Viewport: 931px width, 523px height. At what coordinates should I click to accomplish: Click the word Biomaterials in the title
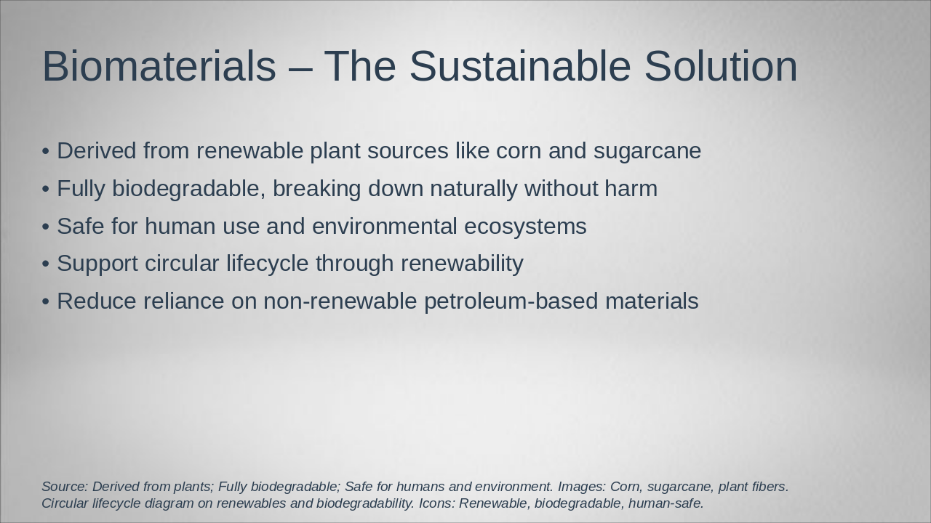(x=159, y=67)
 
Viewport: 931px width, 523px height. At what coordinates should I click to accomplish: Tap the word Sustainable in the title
(x=519, y=67)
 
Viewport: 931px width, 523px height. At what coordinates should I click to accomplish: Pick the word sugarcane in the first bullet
(x=647, y=151)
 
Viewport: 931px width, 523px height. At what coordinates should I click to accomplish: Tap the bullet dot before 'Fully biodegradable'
(x=46, y=190)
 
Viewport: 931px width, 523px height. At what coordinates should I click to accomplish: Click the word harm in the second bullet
(x=630, y=189)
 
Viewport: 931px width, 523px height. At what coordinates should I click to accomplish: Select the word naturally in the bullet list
(x=474, y=189)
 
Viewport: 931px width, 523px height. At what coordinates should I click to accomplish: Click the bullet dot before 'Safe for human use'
(x=46, y=227)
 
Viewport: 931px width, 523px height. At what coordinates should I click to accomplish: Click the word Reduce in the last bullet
(x=97, y=301)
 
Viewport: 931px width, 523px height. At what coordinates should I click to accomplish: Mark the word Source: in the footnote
(x=65, y=487)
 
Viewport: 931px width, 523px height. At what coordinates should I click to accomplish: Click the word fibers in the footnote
(x=767, y=487)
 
